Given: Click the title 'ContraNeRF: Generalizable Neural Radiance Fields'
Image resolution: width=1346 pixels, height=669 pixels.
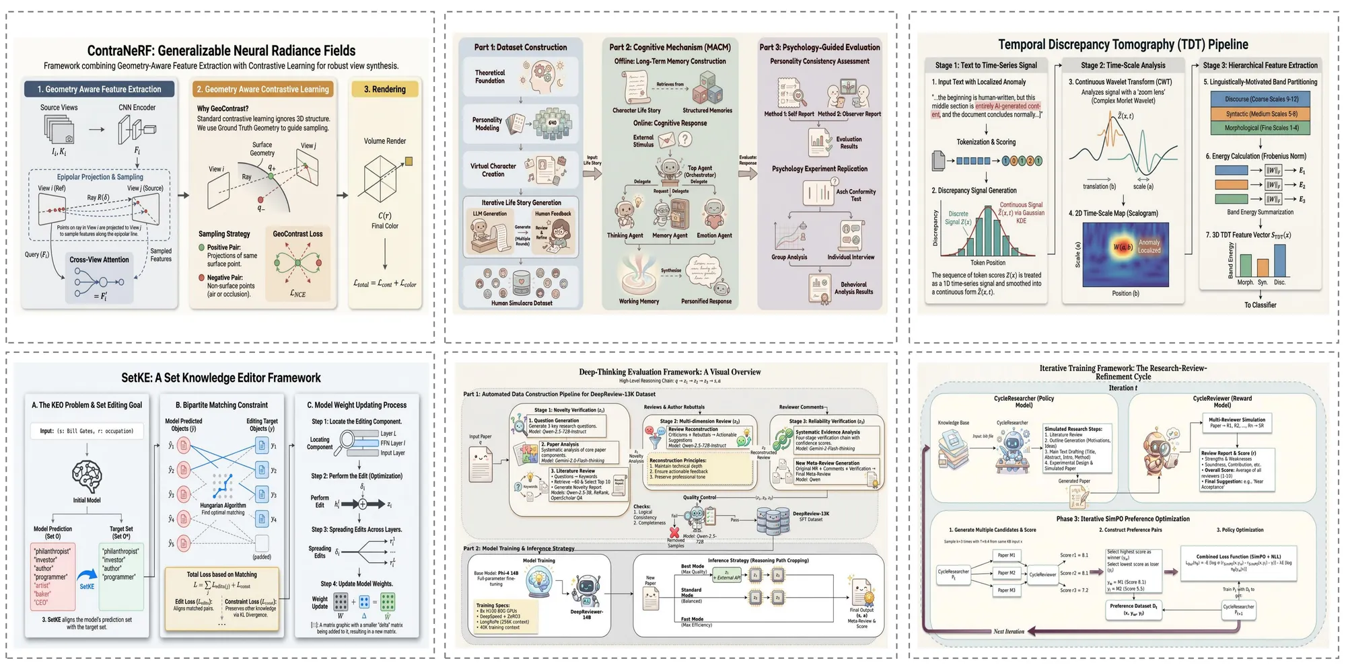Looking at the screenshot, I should pos(221,50).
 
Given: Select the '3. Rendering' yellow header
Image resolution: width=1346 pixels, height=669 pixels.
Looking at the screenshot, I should pos(385,89).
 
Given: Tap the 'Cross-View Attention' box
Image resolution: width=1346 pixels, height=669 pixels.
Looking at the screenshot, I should pos(99,260).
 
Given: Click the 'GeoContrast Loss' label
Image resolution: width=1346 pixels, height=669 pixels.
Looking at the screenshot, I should pos(297,234).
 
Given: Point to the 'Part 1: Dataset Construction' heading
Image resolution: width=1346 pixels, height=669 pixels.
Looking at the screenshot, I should pos(520,47).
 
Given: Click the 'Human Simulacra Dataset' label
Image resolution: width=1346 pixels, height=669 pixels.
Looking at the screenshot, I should pos(522,303).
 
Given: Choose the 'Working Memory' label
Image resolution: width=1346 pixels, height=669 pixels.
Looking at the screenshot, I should pos(639,301).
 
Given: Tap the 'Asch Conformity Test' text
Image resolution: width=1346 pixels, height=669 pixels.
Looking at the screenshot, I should pos(855,195).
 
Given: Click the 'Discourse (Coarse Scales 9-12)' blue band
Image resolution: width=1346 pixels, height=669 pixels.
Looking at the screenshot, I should pos(1261,99).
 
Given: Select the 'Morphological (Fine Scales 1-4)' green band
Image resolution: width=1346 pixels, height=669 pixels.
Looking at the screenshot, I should pos(1261,128).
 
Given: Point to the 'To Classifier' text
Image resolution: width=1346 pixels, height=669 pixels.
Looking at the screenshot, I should pos(1260,305).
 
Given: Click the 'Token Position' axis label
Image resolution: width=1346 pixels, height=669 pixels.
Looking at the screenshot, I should pos(987,263).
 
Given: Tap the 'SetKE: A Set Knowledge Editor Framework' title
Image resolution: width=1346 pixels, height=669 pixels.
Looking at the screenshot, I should pos(221,378).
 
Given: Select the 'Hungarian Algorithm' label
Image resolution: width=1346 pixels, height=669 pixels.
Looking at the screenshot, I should pos(223,506).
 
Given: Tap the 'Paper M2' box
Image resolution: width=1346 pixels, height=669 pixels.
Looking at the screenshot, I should pos(1007,573).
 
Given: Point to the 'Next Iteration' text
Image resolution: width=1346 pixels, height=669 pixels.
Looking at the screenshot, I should pos(1009,631).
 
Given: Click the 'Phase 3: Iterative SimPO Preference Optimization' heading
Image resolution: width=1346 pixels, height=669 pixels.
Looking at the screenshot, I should pos(1123,519).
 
